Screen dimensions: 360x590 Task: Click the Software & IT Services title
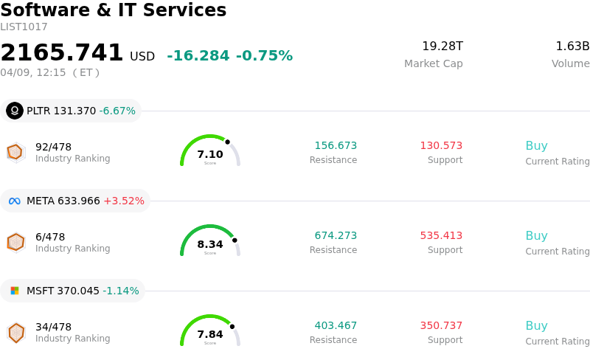pos(114,11)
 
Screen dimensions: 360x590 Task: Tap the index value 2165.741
pos(62,53)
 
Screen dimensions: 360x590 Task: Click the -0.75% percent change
pos(264,56)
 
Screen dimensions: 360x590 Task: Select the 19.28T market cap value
pos(442,46)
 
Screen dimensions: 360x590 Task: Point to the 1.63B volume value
pos(572,46)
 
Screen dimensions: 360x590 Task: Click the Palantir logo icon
pos(15,111)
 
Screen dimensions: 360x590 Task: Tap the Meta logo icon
pos(15,201)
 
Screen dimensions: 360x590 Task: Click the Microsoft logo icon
pos(15,291)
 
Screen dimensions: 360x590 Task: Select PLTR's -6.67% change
pos(117,111)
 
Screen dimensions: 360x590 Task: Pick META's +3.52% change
pos(124,201)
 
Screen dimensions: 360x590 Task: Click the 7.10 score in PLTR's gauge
pos(210,154)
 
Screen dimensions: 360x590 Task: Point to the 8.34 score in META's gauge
pos(210,244)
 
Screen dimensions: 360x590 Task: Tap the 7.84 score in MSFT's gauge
pos(210,334)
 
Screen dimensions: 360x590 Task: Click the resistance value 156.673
pos(336,146)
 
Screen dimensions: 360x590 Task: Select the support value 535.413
pos(441,236)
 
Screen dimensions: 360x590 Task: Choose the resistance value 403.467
pos(336,326)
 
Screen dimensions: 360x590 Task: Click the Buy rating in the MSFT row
pos(536,326)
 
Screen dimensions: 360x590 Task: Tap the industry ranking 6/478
pos(50,237)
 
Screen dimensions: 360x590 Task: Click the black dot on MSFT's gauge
pos(232,326)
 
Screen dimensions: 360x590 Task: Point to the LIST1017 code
pos(24,27)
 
